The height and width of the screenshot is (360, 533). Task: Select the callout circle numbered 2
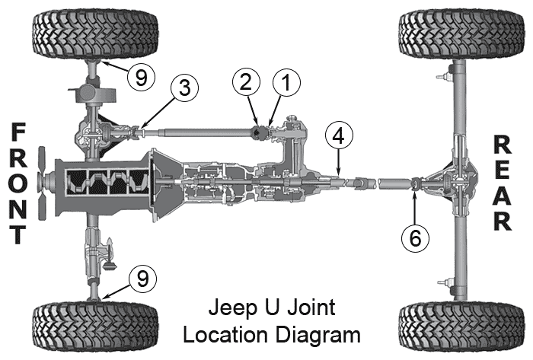coord(247,84)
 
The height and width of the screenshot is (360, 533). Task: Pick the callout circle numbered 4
coord(339,137)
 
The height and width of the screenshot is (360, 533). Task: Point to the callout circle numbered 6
coord(414,238)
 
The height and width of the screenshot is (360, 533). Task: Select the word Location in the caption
coord(241,333)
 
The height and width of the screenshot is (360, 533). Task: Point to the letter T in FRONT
coord(17,232)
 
